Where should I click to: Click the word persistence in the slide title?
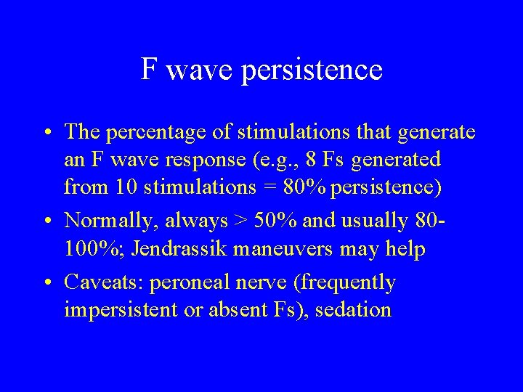(325, 70)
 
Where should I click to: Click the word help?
(405, 250)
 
